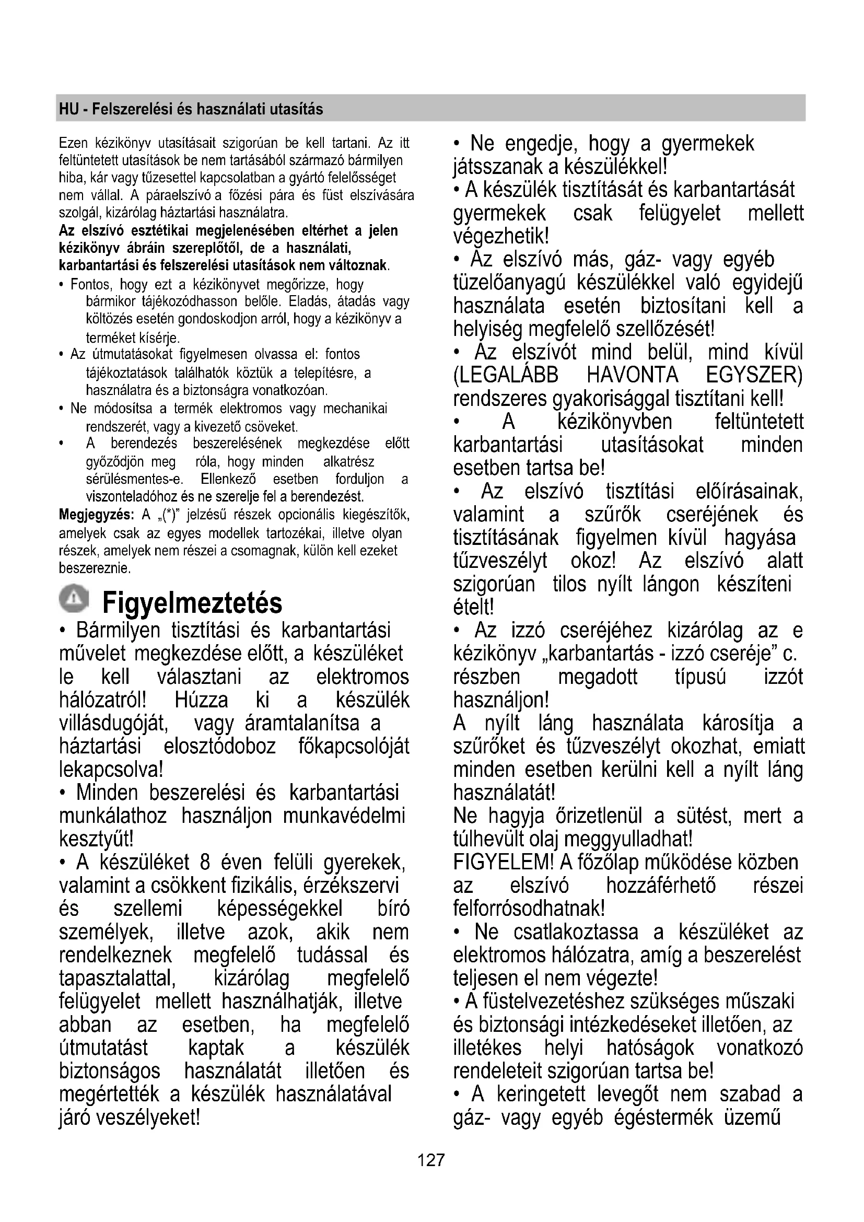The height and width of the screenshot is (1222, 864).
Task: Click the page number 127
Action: pos(431,1159)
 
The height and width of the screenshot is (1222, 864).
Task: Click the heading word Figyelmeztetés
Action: pos(192,602)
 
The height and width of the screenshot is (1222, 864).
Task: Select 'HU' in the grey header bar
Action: pos(68,109)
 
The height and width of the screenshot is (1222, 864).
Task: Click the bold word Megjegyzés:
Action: pos(96,515)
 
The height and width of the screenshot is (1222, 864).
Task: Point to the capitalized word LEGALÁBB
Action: pos(506,375)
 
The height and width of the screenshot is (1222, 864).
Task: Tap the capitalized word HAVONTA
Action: pos(633,375)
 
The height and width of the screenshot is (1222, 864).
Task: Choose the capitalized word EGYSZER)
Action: pos(754,375)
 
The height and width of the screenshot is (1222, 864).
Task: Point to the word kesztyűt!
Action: pos(96,839)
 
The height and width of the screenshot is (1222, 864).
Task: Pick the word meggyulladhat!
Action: pos(628,840)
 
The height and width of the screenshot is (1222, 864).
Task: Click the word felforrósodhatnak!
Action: pos(529,909)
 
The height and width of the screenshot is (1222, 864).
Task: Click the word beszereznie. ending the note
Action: pos(95,568)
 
